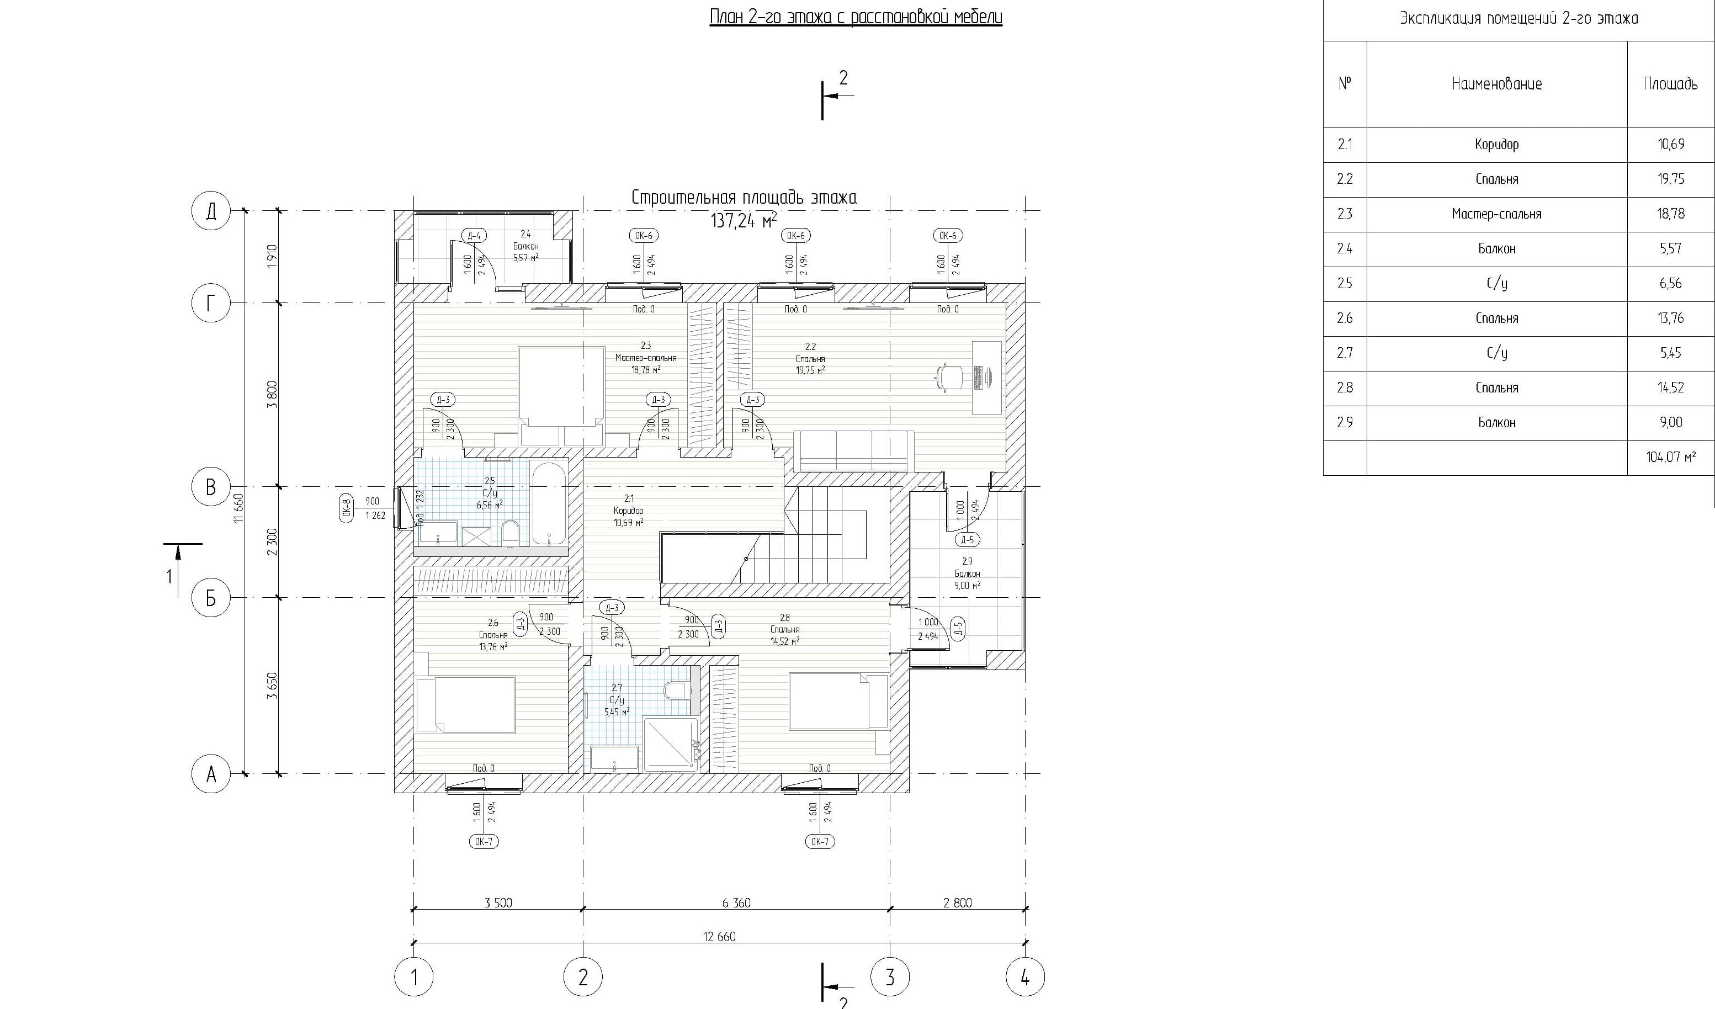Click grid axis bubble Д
tap(211, 211)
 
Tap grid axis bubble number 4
tap(1025, 977)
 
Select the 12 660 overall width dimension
tap(719, 936)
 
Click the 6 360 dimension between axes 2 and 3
tap(736, 903)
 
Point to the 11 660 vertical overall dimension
tap(237, 508)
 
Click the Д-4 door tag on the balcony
tap(474, 235)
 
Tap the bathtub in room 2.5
tap(549, 503)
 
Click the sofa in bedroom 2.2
tap(854, 451)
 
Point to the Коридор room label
tap(628, 510)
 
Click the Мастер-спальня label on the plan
tap(645, 358)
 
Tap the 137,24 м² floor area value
tap(743, 220)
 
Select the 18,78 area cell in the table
tap(1670, 214)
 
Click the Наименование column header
tap(1496, 84)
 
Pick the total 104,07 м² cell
tap(1670, 457)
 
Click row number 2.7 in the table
tap(1344, 353)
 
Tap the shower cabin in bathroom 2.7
tap(670, 744)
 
